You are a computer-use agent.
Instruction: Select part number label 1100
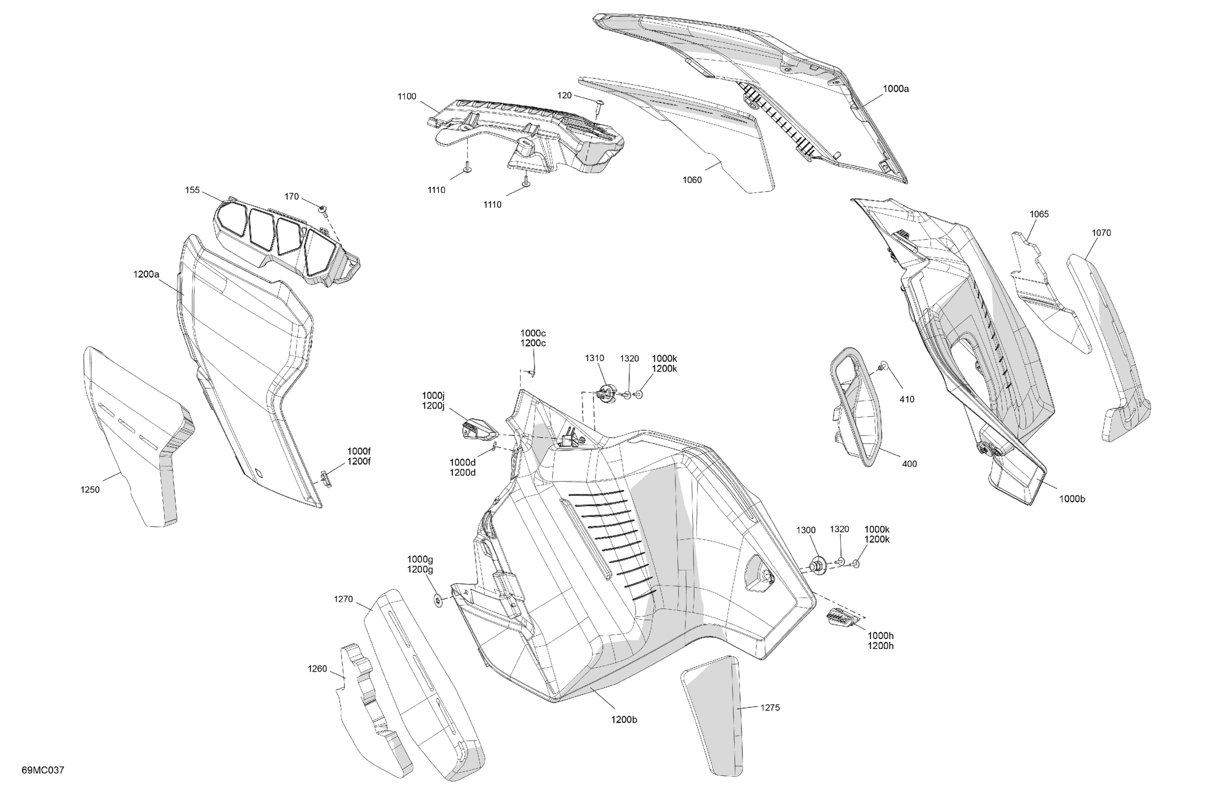pyautogui.click(x=407, y=96)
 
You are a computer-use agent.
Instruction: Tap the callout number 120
pyautogui.click(x=564, y=95)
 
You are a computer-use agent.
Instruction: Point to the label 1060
pyautogui.click(x=692, y=180)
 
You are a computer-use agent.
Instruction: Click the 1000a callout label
pyautogui.click(x=896, y=89)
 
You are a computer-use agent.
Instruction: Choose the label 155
pyautogui.click(x=192, y=190)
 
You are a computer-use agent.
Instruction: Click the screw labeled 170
pyautogui.click(x=323, y=209)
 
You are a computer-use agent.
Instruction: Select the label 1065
pyautogui.click(x=1039, y=215)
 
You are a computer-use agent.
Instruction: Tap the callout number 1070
pyautogui.click(x=1101, y=233)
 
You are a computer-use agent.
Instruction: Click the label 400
pyautogui.click(x=909, y=464)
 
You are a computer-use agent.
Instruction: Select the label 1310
pyautogui.click(x=595, y=358)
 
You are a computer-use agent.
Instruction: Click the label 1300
pyautogui.click(x=806, y=530)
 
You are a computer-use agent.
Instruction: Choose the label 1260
pyautogui.click(x=317, y=669)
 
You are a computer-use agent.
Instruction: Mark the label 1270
pyautogui.click(x=343, y=599)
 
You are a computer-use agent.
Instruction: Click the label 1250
pyautogui.click(x=90, y=489)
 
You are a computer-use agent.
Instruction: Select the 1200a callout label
pyautogui.click(x=146, y=274)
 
